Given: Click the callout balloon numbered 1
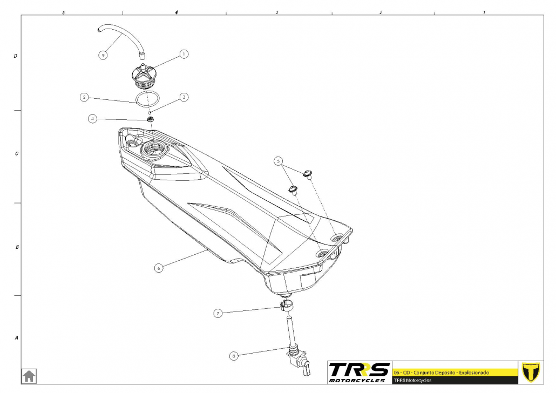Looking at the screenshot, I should [x=184, y=54].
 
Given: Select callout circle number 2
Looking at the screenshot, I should [x=84, y=98].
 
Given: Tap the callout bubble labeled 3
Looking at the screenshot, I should [x=184, y=98].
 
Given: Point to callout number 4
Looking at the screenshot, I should [x=93, y=118].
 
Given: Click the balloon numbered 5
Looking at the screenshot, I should [x=279, y=161].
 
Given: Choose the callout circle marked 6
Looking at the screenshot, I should [x=158, y=267].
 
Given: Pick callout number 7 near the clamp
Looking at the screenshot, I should [x=218, y=313].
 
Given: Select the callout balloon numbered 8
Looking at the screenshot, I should [x=234, y=356].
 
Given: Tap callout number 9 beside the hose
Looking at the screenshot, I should [x=103, y=55].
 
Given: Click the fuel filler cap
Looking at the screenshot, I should [x=143, y=74].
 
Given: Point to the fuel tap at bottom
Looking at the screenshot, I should [x=297, y=359].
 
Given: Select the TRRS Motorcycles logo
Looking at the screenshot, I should [x=359, y=371].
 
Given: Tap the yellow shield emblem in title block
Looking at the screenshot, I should [x=532, y=371].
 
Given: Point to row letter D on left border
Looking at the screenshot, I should [x=16, y=56].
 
